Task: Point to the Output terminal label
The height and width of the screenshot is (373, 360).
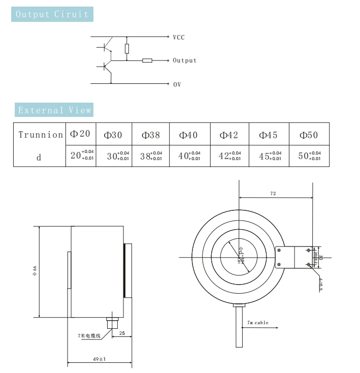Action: point(184,60)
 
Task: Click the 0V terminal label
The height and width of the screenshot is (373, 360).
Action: point(177,84)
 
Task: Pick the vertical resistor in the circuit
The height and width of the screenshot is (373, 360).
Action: point(127,49)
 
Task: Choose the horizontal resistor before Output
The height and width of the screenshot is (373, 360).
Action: point(147,60)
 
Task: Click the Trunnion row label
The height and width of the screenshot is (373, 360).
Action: point(40,135)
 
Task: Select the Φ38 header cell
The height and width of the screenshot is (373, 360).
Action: point(150,135)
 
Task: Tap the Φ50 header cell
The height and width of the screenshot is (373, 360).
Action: point(309,135)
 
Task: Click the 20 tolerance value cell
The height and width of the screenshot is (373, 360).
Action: point(81,156)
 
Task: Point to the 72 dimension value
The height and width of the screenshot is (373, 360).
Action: point(273,194)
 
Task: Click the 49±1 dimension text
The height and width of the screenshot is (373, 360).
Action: point(99,359)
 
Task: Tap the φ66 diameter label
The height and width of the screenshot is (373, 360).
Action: point(34,271)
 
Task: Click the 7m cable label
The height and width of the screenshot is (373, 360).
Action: point(258,323)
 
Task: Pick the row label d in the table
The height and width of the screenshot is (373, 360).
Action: point(39,157)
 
